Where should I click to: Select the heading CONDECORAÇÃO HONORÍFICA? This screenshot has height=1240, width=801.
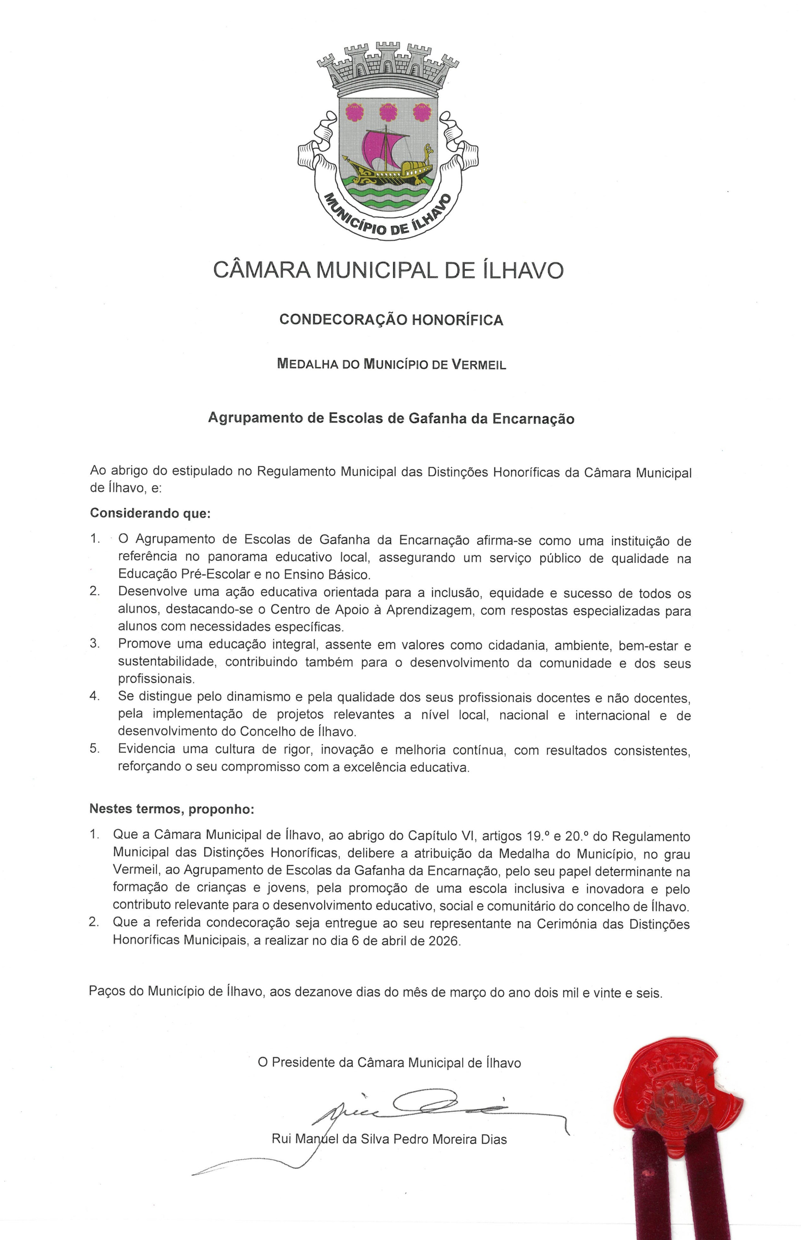[x=391, y=320]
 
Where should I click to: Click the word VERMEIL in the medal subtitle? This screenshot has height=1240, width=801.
[x=479, y=364]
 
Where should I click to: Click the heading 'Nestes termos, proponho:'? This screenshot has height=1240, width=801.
[x=172, y=809]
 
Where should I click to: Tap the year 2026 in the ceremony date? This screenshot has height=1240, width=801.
[x=444, y=941]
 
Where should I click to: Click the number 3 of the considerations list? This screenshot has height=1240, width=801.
[x=94, y=643]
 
